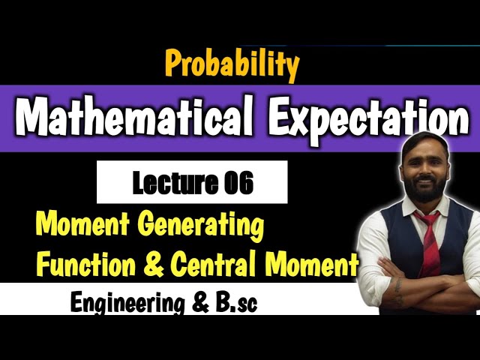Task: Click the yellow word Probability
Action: click(232, 65)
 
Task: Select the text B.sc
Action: click(235, 303)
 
